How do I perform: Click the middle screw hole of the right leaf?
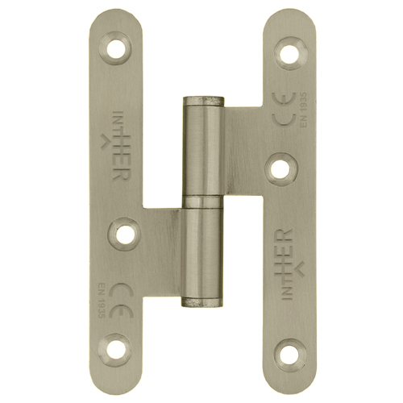pos(280,170)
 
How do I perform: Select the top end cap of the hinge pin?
pos(201,100)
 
